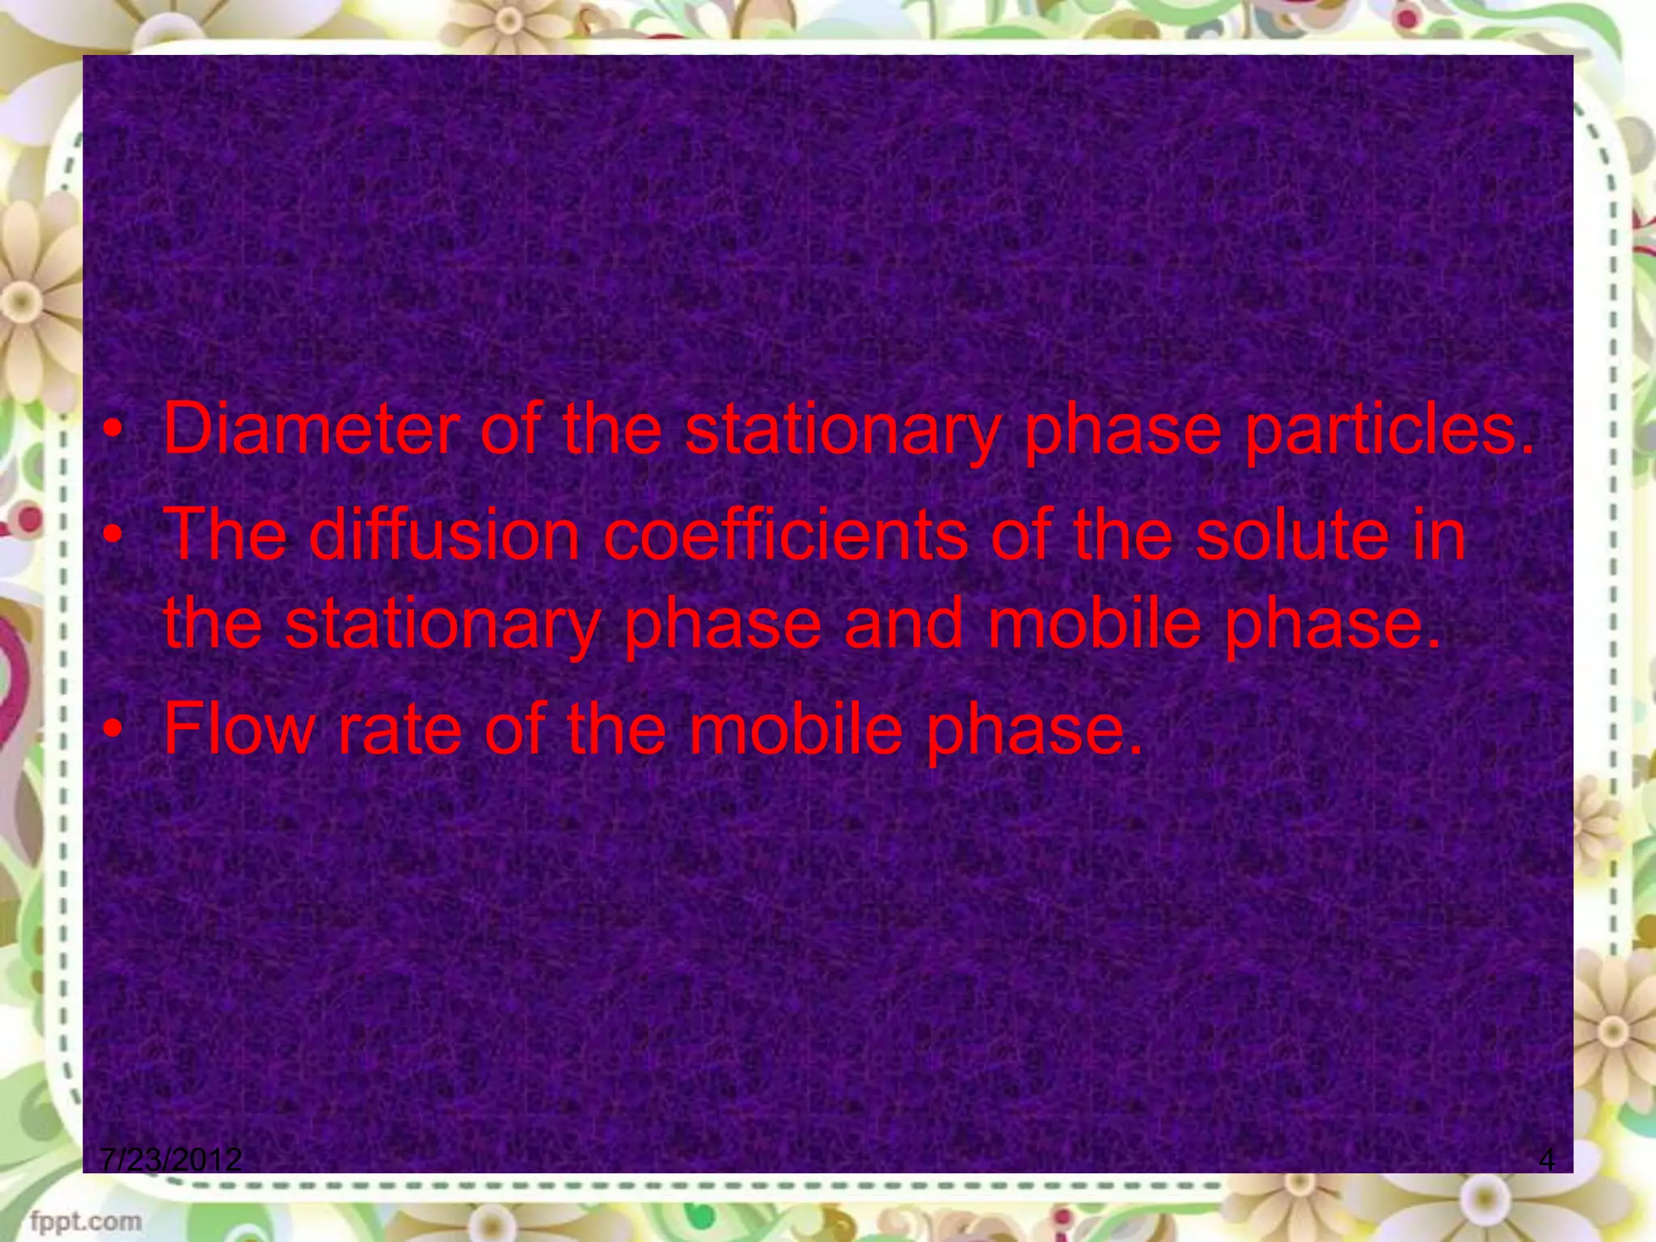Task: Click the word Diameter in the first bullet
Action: pyautogui.click(x=310, y=429)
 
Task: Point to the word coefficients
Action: pyautogui.click(x=784, y=534)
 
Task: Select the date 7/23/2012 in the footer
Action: pyautogui.click(x=171, y=1160)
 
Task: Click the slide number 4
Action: pyautogui.click(x=1546, y=1160)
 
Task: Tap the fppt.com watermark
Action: pyautogui.click(x=86, y=1220)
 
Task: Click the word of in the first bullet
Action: pyautogui.click(x=509, y=429)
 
